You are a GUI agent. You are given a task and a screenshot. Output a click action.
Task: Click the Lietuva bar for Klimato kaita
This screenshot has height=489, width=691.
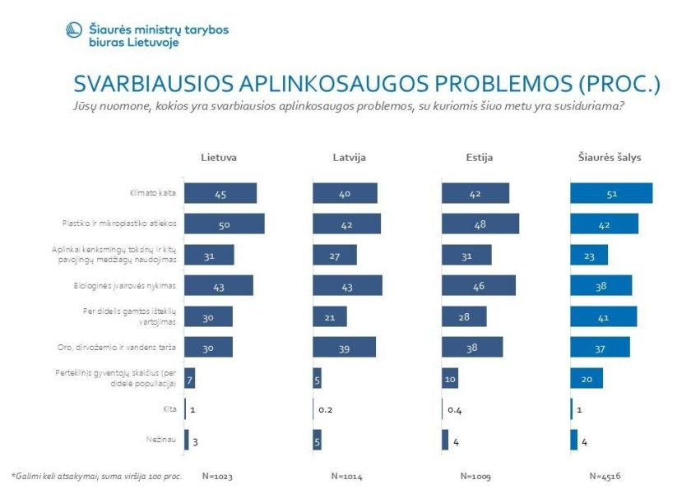click(x=220, y=193)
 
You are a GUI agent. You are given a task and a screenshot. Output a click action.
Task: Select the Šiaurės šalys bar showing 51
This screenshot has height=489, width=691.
click(x=610, y=193)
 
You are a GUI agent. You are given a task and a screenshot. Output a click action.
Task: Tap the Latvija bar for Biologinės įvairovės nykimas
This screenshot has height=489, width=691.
click(x=347, y=285)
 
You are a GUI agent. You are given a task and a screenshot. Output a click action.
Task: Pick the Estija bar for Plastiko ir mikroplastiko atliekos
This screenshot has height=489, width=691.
click(x=480, y=224)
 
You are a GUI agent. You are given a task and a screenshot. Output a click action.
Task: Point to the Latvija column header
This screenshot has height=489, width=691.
click(x=349, y=157)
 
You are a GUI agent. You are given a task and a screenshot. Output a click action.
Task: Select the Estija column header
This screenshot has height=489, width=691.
click(x=479, y=157)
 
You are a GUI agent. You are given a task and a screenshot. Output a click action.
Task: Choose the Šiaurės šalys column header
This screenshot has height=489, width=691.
click(x=610, y=157)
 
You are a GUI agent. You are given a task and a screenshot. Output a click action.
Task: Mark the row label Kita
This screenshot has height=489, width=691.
click(x=170, y=408)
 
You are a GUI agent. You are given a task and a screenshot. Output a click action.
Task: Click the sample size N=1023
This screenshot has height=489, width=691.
click(x=218, y=475)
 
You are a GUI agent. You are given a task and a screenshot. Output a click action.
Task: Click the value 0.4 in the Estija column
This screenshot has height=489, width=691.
click(x=456, y=409)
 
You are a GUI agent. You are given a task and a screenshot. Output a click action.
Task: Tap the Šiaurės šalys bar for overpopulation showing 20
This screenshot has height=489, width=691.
click(x=586, y=378)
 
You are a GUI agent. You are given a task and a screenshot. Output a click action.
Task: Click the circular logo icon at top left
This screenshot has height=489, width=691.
click(x=74, y=30)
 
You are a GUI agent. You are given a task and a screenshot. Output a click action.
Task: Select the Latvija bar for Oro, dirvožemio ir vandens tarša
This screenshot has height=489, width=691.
click(x=344, y=347)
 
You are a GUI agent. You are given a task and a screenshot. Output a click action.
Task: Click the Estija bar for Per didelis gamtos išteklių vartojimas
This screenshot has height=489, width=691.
click(x=464, y=316)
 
